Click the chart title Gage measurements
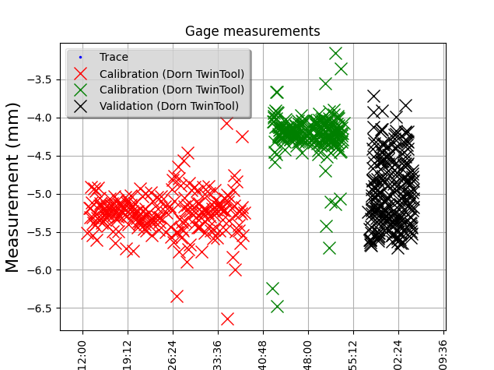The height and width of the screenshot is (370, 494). point(252,31)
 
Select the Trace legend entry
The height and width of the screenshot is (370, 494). point(114,58)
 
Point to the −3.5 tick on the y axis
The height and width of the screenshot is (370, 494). point(41,79)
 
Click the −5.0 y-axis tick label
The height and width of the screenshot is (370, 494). point(41,194)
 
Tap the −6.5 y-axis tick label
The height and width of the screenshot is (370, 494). point(41,308)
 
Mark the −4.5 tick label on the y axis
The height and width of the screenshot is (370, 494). point(41,156)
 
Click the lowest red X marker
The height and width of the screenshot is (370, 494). point(227,319)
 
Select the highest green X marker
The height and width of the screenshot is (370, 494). point(336,54)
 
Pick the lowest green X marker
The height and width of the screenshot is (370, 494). point(277,306)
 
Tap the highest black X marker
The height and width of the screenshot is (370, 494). point(374,96)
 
